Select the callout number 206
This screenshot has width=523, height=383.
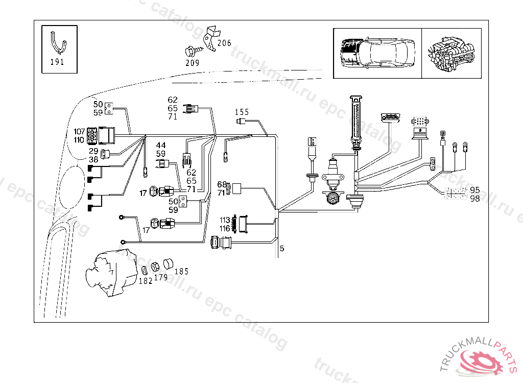(224, 43)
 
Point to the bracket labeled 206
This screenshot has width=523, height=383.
(210, 38)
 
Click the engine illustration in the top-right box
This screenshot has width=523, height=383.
(452, 53)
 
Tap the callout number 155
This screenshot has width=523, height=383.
(242, 112)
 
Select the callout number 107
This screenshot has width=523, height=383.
(79, 132)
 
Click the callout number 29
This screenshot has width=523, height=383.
(93, 151)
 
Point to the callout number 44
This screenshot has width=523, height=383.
(161, 146)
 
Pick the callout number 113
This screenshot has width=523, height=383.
(225, 221)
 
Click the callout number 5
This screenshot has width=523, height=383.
(282, 249)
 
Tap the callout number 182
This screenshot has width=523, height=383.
(146, 281)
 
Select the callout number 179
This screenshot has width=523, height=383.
(161, 278)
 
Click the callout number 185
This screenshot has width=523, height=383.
(181, 272)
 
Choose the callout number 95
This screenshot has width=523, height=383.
(475, 190)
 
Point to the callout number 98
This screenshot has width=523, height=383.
(475, 199)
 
